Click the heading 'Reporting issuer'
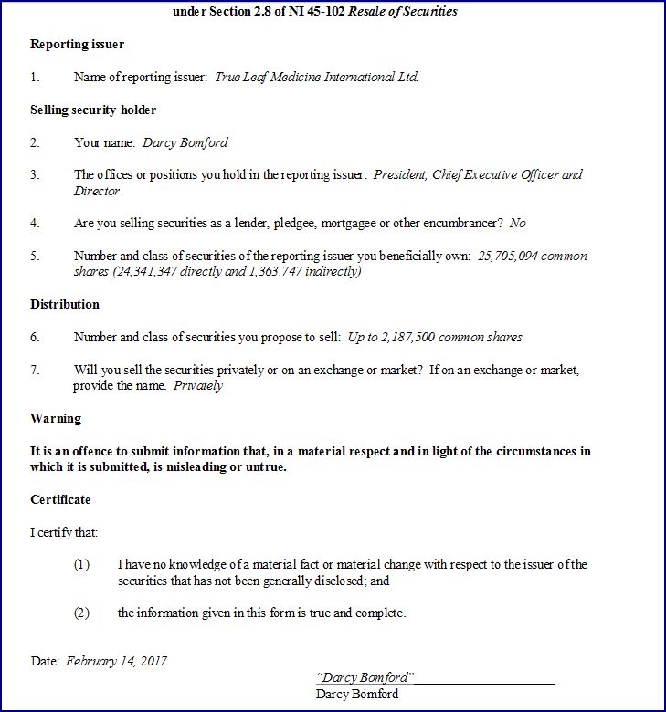click(77, 44)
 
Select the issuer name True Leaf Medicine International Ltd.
click(316, 77)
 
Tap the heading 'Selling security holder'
click(93, 110)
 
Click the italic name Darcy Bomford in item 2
click(185, 142)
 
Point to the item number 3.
click(35, 174)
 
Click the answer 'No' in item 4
click(518, 223)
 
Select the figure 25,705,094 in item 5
click(508, 257)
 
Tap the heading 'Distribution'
click(65, 304)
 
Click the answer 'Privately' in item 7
click(198, 385)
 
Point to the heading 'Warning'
click(56, 418)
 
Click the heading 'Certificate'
click(60, 499)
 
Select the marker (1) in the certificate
click(82, 564)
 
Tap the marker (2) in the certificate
click(82, 613)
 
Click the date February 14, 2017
click(116, 661)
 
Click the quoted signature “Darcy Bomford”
click(365, 677)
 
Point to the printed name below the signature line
click(357, 694)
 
